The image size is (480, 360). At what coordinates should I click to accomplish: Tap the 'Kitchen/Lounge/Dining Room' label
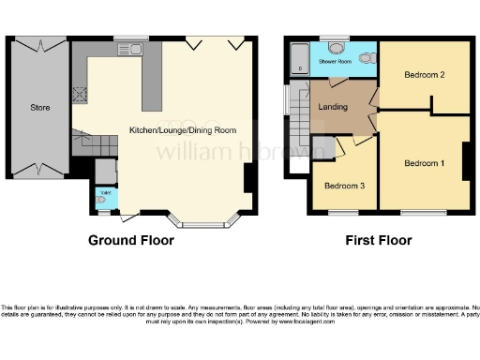pyautogui.click(x=182, y=130)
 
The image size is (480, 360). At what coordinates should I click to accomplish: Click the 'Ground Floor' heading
pyautogui.click(x=130, y=241)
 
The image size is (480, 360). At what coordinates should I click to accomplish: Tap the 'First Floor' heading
pyautogui.click(x=379, y=241)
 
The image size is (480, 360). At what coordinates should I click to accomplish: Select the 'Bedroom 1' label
pyautogui.click(x=424, y=164)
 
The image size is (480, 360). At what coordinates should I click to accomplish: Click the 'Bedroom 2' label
pyautogui.click(x=424, y=76)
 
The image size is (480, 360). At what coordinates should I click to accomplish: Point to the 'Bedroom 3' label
pyautogui.click(x=343, y=186)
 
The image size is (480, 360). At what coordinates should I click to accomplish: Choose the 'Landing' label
pyautogui.click(x=333, y=107)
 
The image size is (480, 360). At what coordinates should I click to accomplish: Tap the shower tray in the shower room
pyautogui.click(x=298, y=58)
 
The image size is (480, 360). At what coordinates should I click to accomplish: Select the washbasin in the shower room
pyautogui.click(x=336, y=48)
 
